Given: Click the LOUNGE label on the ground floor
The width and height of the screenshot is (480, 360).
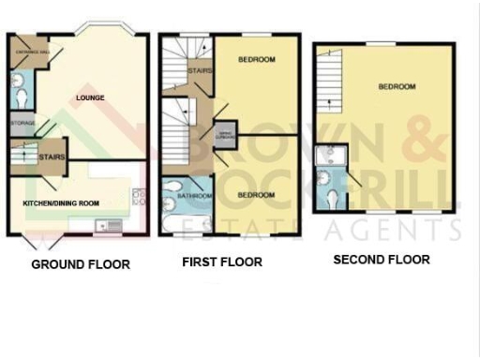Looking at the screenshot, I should (89, 97).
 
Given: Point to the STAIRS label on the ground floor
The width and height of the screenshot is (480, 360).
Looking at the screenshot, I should (52, 158).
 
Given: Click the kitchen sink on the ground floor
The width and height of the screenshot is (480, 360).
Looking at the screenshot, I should (105, 223).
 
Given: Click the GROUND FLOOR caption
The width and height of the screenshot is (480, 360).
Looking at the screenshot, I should (81, 264).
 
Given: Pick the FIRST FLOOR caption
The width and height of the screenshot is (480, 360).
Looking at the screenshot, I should (221, 262).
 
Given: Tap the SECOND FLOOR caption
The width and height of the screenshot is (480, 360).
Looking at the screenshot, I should (382, 259).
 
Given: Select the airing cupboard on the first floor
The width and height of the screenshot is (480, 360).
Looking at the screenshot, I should (225, 137).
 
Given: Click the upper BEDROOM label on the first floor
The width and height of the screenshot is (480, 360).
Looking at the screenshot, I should (256, 60).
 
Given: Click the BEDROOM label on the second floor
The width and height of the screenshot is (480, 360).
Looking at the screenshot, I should (397, 87).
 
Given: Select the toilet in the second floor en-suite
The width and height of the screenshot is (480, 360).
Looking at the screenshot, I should (336, 198).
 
